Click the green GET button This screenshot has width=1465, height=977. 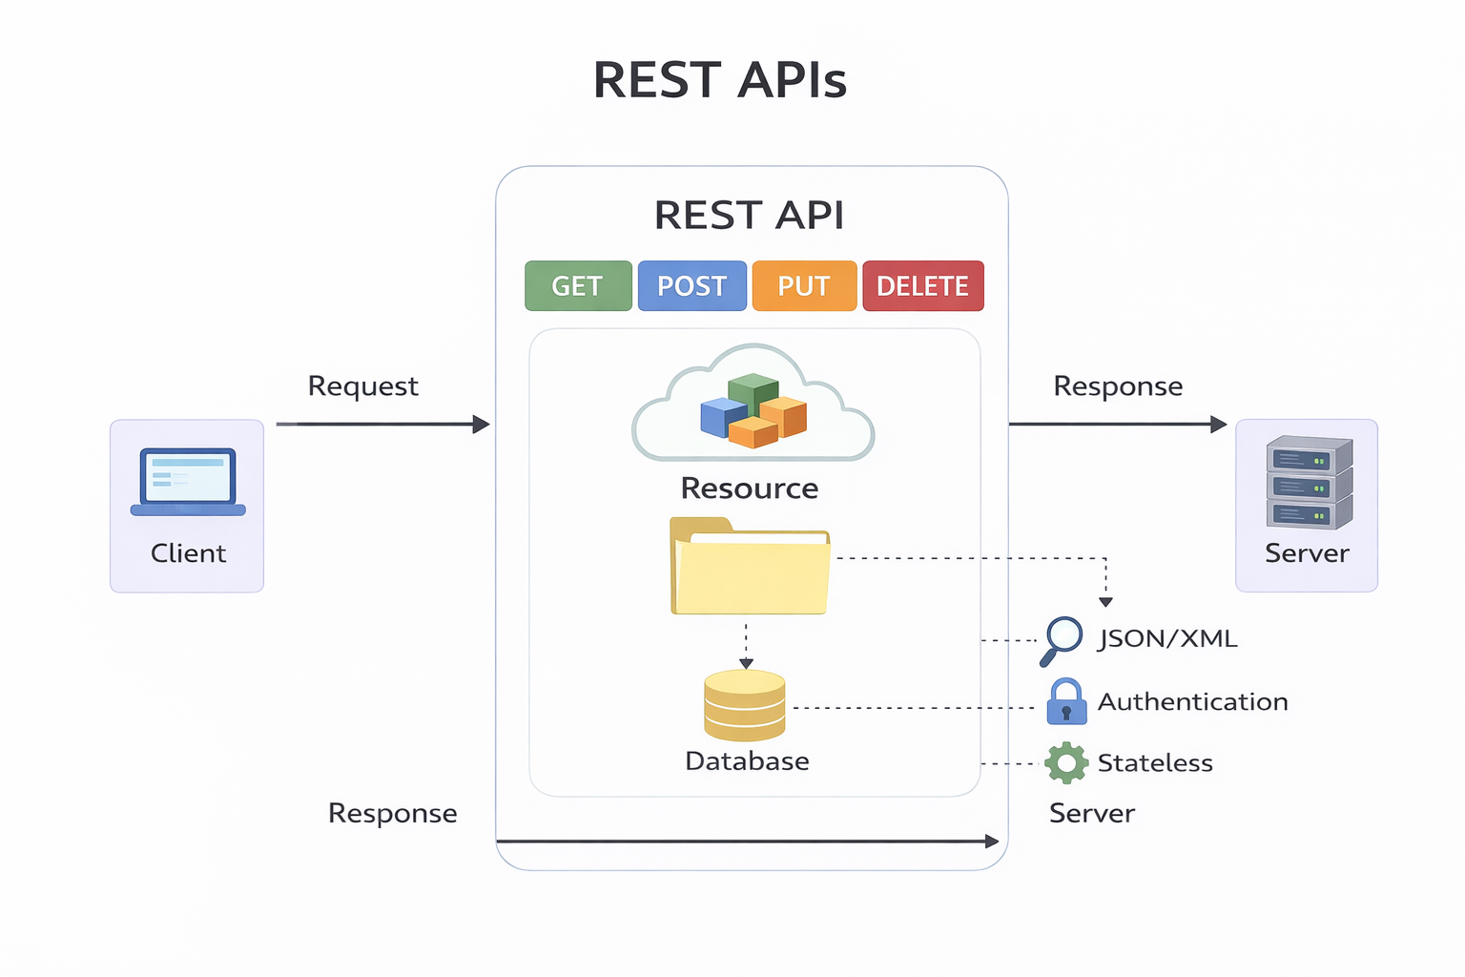[x=578, y=286]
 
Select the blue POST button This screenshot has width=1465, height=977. [x=691, y=286]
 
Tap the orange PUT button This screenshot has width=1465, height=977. [x=804, y=286]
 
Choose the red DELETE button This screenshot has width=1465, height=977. [x=922, y=286]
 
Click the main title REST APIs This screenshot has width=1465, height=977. [x=720, y=80]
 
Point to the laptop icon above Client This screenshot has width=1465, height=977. [x=188, y=481]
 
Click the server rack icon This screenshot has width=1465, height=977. [x=1309, y=483]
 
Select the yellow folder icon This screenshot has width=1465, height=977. [x=750, y=567]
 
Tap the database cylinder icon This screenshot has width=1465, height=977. [x=745, y=705]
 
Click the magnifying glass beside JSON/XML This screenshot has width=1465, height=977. [x=1062, y=639]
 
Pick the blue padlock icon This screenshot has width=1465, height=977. [x=1066, y=701]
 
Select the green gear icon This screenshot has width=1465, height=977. [x=1065, y=763]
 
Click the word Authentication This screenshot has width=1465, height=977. [x=1192, y=702]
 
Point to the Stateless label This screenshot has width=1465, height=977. [x=1155, y=763]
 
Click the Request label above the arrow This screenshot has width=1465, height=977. [x=362, y=386]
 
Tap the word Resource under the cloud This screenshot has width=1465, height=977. [x=750, y=488]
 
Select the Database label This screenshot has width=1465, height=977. [x=747, y=761]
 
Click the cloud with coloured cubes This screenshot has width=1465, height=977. [x=753, y=405]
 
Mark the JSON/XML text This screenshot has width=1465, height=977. [x=1167, y=638]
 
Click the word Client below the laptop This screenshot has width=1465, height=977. [x=188, y=553]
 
